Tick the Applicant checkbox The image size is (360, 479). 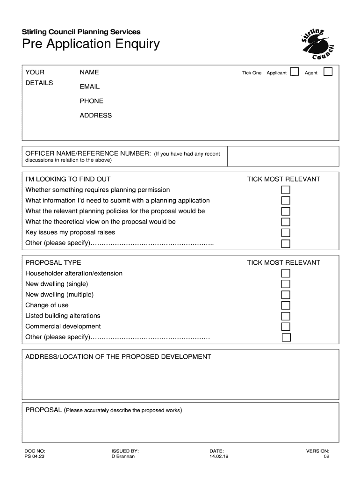(295, 72)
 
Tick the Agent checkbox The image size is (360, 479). (328, 72)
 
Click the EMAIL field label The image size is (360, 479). (89, 87)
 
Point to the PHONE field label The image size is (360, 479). (91, 101)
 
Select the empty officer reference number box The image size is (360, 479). (283, 156)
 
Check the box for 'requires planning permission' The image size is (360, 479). (286, 190)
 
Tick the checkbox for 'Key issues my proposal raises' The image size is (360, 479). (286, 233)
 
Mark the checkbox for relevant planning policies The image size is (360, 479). (286, 211)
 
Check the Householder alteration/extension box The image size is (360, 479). (286, 273)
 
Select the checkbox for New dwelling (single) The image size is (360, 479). (286, 284)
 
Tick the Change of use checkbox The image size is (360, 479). (286, 305)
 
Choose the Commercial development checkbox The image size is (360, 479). (286, 327)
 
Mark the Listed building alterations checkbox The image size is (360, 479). (286, 316)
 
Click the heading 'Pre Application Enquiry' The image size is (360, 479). (91, 44)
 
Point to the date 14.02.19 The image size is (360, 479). (219, 457)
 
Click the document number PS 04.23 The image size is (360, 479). (35, 457)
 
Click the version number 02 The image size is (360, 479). (326, 457)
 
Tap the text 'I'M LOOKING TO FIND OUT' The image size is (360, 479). (68, 179)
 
